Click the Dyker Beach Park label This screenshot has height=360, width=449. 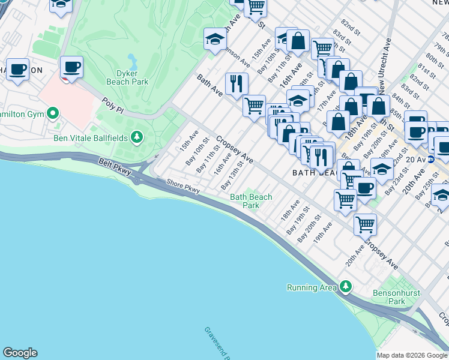pyautogui.click(x=127, y=76)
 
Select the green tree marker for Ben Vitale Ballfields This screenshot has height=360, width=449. pyautogui.click(x=138, y=137)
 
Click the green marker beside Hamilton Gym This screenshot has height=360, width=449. pyautogui.click(x=53, y=112)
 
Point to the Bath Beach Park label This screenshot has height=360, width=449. pyautogui.click(x=251, y=200)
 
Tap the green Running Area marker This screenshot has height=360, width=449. pyautogui.click(x=345, y=287)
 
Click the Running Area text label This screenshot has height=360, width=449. pyautogui.click(x=312, y=287)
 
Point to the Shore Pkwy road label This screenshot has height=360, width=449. pyautogui.click(x=183, y=187)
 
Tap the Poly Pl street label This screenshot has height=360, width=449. pyautogui.click(x=112, y=103)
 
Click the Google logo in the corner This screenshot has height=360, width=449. pyautogui.click(x=20, y=353)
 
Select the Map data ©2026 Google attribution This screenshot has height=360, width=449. pyautogui.click(x=412, y=355)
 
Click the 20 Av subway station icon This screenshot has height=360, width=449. pyautogui.click(x=430, y=160)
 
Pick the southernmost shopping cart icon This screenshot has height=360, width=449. pyautogui.click(x=364, y=224)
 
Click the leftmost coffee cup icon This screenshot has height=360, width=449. pyautogui.click(x=17, y=68)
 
